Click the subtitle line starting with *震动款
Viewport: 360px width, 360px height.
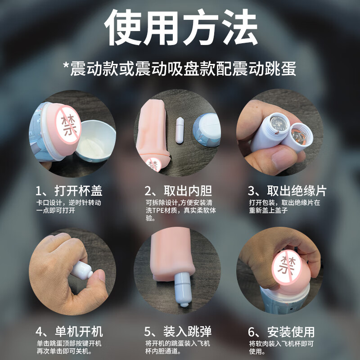[x=180, y=69]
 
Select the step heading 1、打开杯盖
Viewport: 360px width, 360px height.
[x=69, y=190]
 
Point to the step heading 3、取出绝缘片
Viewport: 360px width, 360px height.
[x=287, y=190]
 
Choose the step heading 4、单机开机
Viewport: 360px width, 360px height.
[x=69, y=332]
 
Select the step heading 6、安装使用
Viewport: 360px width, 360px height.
[x=281, y=332]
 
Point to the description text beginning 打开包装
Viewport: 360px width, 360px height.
[x=284, y=207]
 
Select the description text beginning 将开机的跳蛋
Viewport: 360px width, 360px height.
[x=178, y=347]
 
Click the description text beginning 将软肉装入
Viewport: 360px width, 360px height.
[x=281, y=347]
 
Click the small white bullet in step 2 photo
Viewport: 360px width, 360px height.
[x=180, y=130]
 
